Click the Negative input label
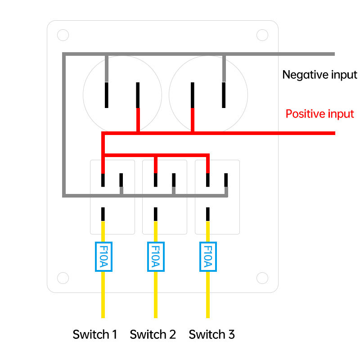[x=319, y=75]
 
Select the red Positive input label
[x=319, y=114]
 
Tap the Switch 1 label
[x=95, y=334]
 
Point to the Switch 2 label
[x=153, y=334]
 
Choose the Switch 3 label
[x=211, y=334]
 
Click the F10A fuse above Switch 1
[x=103, y=256]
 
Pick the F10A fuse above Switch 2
[x=156, y=256]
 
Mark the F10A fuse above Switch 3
[x=208, y=256]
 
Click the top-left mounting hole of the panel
[x=63, y=35]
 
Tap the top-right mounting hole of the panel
[x=262, y=35]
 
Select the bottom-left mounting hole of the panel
[x=63, y=278]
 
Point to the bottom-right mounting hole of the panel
[x=262, y=278]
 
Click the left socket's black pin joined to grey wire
[x=107, y=95]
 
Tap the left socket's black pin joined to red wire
[x=138, y=95]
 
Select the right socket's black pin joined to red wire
[x=193, y=95]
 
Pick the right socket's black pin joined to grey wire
[x=224, y=95]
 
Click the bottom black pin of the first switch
[x=103, y=214]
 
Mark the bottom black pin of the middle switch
[x=156, y=214]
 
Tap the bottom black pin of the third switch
[x=208, y=214]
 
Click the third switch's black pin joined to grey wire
[x=226, y=180]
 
